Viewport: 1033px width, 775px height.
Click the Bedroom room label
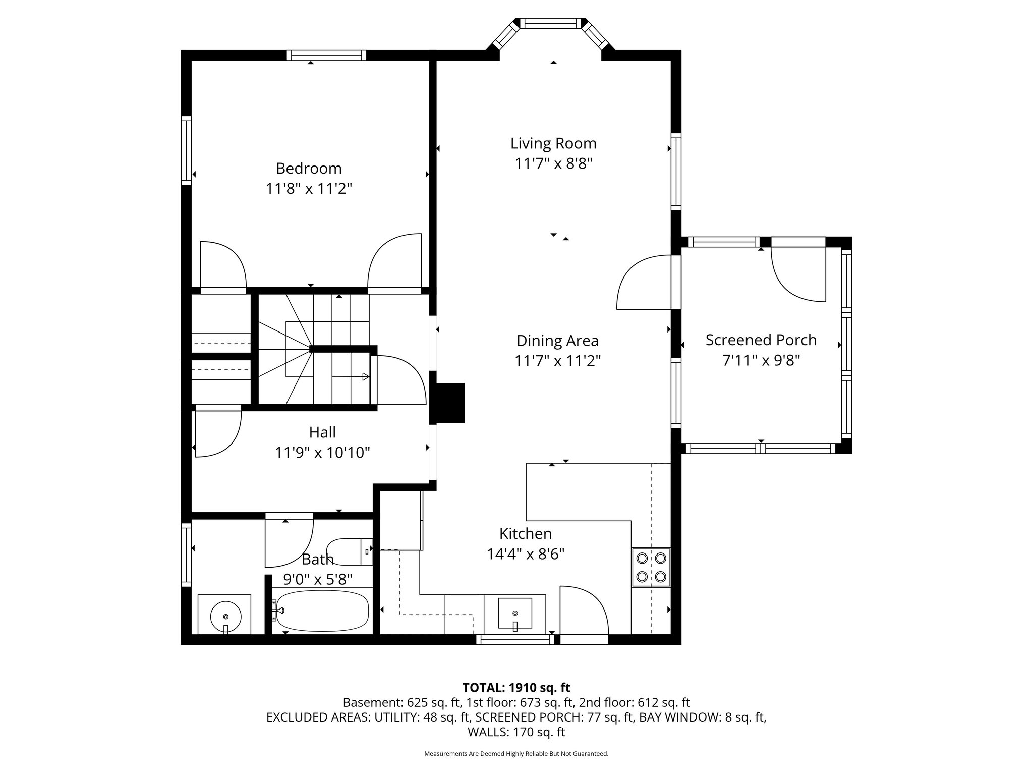(x=309, y=168)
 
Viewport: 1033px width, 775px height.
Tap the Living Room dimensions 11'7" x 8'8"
(x=553, y=164)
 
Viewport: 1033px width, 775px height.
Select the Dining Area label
(x=557, y=341)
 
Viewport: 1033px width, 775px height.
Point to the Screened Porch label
(x=761, y=340)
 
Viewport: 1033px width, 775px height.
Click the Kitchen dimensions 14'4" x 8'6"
(x=526, y=555)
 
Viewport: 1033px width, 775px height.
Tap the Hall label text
(x=322, y=432)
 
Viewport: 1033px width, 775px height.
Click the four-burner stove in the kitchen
(x=651, y=567)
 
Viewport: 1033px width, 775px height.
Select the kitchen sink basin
(x=515, y=614)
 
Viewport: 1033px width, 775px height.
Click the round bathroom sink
(x=225, y=615)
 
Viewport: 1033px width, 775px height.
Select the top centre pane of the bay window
(x=550, y=23)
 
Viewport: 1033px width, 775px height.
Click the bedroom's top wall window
(x=327, y=56)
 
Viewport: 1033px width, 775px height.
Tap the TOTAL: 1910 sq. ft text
(x=516, y=687)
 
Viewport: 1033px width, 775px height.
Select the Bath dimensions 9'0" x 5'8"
(x=318, y=579)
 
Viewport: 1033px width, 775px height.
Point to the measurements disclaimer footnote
(x=516, y=754)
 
